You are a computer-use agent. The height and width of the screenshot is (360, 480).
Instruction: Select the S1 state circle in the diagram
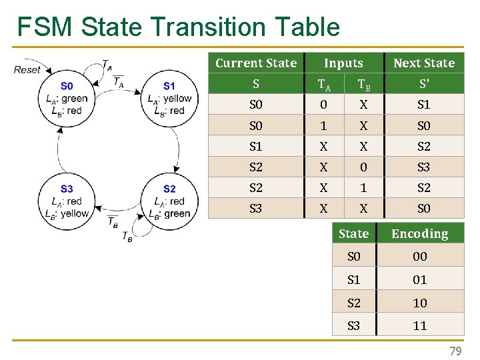(169, 98)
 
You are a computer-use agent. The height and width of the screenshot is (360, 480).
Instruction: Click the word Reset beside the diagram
(27, 69)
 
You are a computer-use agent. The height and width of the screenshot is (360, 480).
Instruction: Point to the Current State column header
(256, 63)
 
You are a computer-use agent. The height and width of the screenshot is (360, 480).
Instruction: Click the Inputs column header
(343, 63)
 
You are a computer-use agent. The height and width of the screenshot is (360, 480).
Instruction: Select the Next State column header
(424, 63)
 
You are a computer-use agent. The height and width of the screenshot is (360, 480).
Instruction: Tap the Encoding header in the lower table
(419, 233)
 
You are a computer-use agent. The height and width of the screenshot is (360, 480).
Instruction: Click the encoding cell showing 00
(419, 257)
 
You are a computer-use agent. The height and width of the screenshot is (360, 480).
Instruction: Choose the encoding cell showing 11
(419, 325)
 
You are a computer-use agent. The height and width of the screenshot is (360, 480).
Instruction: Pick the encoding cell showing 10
(419, 303)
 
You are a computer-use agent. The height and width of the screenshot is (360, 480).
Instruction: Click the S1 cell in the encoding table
(354, 280)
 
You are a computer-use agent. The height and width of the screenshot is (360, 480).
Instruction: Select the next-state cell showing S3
(424, 167)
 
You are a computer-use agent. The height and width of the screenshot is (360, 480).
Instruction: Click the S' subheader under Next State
(424, 84)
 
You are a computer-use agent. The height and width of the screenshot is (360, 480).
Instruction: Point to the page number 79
(455, 351)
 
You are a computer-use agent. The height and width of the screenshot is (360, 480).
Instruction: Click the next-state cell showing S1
(424, 105)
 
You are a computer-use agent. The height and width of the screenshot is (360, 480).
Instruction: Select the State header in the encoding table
(353, 233)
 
